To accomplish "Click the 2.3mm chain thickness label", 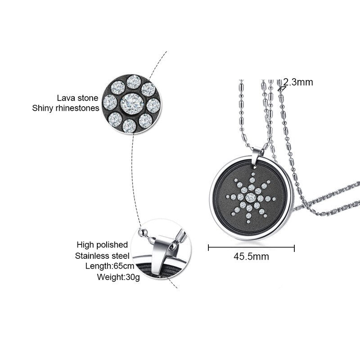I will (x=298, y=82).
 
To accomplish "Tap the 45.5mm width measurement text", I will (x=251, y=256).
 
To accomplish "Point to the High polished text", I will (x=102, y=245).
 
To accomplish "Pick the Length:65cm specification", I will (x=107, y=266).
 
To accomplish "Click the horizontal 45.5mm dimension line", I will (x=251, y=247).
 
